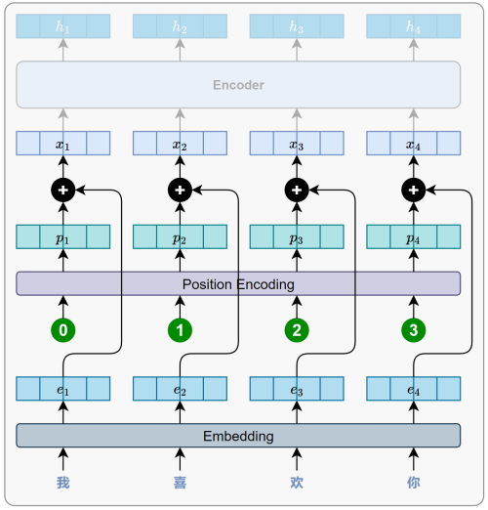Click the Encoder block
pos(238,85)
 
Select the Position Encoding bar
pos(238,283)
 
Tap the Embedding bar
pos(238,436)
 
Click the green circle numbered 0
pos(63,330)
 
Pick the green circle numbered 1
pos(180,330)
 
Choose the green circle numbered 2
pos(297,330)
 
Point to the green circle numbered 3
pos(414,330)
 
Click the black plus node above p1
pos(63,190)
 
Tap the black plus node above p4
pos(414,190)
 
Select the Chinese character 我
pos(63,483)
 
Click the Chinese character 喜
pos(180,483)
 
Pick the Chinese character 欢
pos(297,483)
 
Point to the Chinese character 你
pos(414,483)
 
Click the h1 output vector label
pos(62,26)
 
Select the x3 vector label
pos(297,145)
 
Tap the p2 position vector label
pos(180,239)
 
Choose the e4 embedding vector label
pos(413,390)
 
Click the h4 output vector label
pos(413,26)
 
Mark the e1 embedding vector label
pos(62,390)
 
